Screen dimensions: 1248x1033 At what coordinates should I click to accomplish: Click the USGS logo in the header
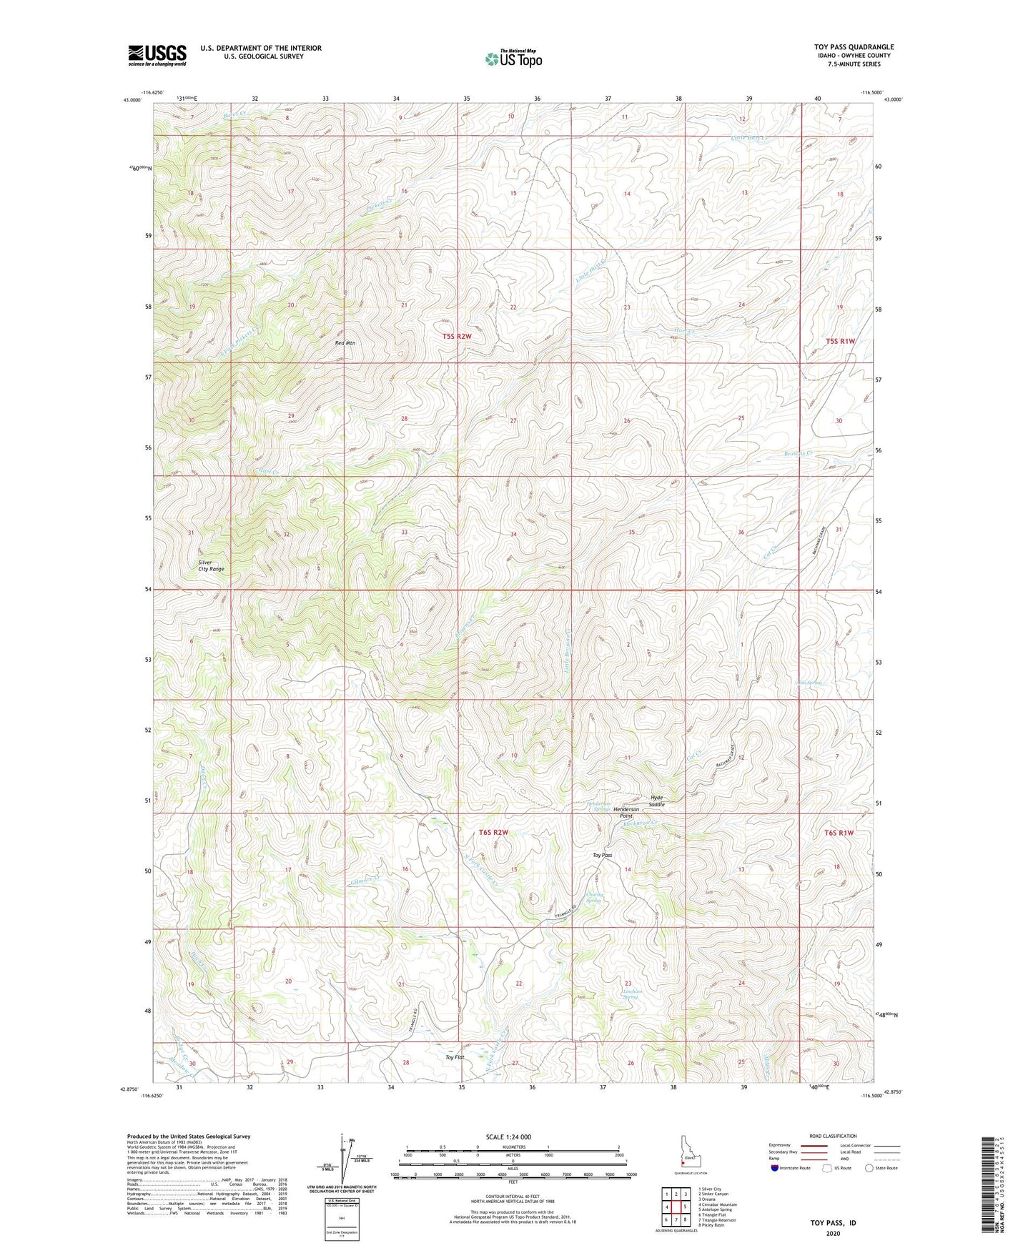point(157,55)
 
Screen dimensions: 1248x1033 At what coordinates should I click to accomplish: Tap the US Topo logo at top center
point(513,59)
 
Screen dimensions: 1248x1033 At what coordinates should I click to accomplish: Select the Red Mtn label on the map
point(345,343)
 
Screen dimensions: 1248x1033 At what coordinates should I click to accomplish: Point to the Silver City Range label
point(211,565)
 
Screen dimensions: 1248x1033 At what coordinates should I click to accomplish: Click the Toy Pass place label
point(603,855)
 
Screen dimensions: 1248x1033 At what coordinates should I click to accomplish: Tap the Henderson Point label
point(626,813)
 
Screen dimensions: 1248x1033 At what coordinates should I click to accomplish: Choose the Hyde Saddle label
point(657,801)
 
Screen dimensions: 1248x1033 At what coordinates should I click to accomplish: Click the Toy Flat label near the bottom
point(455,1057)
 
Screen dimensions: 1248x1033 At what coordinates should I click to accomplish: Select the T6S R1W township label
point(839,833)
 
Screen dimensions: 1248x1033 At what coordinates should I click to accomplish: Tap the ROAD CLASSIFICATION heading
point(834,1136)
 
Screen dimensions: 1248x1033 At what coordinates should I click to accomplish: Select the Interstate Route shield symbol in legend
point(775,1169)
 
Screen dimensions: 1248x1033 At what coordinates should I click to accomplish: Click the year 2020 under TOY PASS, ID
point(833,1234)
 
